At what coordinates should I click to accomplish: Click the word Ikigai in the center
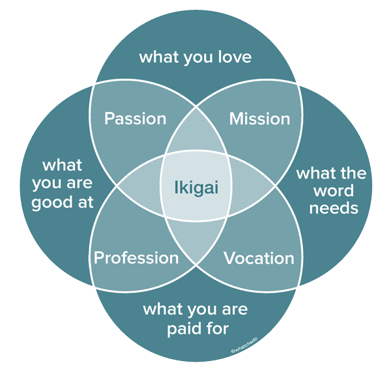[x=195, y=188]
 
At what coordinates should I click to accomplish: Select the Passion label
[x=136, y=119]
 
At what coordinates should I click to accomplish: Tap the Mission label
[x=259, y=119]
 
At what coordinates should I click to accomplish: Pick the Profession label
[x=136, y=257]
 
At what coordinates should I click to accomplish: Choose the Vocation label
[x=259, y=258]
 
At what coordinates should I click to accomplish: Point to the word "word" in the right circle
[x=333, y=192]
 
